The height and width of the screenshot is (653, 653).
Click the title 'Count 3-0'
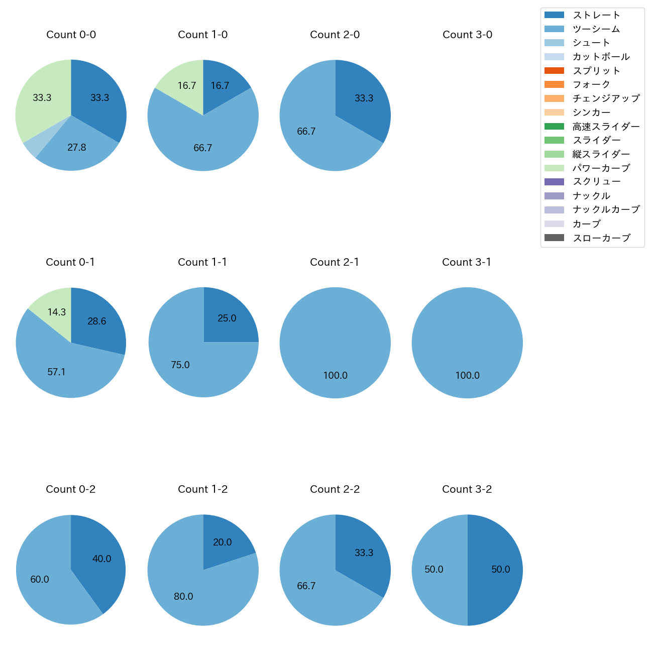[467, 35]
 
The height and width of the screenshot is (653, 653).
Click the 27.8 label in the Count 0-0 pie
[77, 147]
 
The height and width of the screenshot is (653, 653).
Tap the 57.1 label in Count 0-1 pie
[56, 372]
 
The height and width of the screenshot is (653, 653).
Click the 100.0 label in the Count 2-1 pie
[335, 375]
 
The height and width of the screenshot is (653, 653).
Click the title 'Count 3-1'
[467, 262]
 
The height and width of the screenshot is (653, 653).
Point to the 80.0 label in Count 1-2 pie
[183, 596]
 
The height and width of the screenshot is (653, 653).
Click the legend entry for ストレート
[596, 15]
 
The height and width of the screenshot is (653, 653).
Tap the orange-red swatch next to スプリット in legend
[554, 71]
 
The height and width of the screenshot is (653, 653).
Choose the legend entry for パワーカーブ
[601, 168]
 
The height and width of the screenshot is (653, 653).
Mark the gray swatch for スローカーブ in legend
[554, 238]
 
